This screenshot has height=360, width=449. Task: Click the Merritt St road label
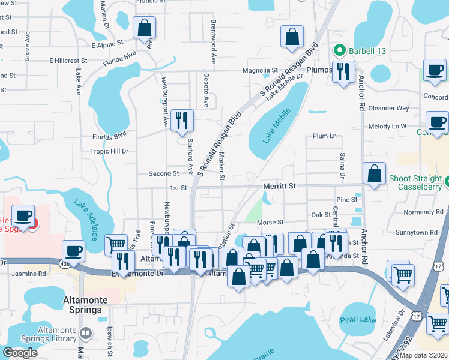pyautogui.click(x=279, y=187)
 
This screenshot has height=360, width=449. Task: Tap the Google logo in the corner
pyautogui.click(x=20, y=352)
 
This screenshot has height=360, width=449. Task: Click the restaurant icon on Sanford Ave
pyautogui.click(x=181, y=121)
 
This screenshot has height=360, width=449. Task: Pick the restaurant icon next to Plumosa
pyautogui.click(x=342, y=72)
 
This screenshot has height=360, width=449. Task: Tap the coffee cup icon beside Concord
pyautogui.click(x=435, y=70)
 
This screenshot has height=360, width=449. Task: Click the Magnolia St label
pyautogui.click(x=260, y=70)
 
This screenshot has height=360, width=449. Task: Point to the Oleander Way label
pyautogui.click(x=388, y=108)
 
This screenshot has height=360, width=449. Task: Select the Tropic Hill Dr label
pyautogui.click(x=109, y=151)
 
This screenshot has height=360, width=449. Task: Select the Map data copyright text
pyautogui.click(x=422, y=355)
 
